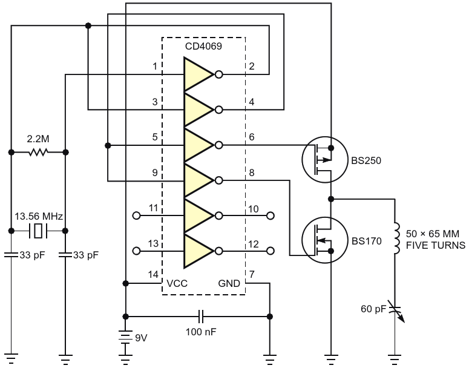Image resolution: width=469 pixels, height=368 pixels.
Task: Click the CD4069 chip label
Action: tap(203, 47)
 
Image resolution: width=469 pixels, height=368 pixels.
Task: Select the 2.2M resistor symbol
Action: tap(38, 153)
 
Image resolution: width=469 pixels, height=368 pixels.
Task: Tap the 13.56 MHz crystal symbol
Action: tap(38, 231)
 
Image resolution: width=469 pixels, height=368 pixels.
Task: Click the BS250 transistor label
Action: tap(366, 160)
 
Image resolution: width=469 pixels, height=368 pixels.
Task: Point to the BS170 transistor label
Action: tap(366, 241)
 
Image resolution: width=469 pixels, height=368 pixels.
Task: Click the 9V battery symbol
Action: tap(126, 338)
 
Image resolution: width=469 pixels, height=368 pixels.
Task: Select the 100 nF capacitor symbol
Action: tap(201, 317)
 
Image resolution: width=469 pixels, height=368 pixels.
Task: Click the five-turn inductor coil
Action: tap(396, 238)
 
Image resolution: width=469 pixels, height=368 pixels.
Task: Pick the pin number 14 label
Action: tap(153, 274)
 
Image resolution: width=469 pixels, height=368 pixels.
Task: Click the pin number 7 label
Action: tap(252, 274)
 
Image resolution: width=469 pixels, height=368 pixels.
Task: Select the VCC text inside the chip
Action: tap(177, 283)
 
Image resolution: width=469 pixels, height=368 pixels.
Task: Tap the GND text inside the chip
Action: tap(229, 283)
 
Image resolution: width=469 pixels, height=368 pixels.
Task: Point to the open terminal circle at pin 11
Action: tap(136, 215)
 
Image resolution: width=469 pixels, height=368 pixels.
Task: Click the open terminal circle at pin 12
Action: tap(271, 251)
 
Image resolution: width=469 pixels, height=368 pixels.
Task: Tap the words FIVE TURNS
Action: tap(436, 245)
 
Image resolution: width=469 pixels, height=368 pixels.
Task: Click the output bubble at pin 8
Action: tap(219, 180)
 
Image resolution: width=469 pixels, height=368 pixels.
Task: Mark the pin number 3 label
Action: tap(155, 102)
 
